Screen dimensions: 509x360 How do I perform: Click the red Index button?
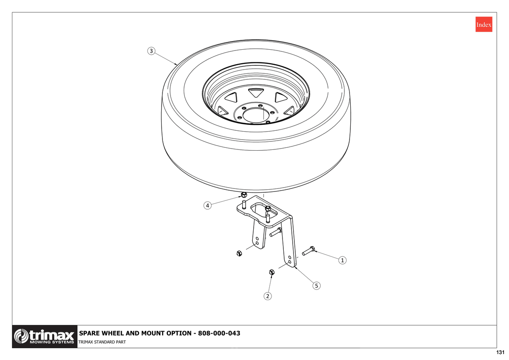(x=484, y=24)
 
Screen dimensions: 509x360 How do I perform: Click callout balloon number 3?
(x=151, y=51)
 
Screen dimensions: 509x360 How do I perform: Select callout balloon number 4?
(x=207, y=205)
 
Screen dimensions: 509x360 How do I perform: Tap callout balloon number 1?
(x=342, y=260)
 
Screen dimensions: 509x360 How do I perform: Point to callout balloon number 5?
(x=316, y=286)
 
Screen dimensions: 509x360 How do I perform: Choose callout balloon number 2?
(x=268, y=296)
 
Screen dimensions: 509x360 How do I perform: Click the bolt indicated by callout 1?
(x=308, y=250)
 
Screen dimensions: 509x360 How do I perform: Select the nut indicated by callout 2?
(x=271, y=272)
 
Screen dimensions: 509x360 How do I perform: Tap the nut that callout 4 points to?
(x=244, y=195)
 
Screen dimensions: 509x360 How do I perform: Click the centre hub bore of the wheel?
(x=254, y=115)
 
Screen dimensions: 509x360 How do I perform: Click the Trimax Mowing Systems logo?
(x=45, y=337)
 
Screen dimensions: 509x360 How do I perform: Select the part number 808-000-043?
(x=219, y=333)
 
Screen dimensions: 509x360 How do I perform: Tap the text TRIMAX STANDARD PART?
(x=102, y=342)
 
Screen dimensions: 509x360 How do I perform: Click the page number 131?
(x=500, y=352)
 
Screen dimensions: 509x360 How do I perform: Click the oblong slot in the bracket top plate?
(x=263, y=211)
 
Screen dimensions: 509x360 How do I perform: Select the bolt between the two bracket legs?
(x=276, y=232)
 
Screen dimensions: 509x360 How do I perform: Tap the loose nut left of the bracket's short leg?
(x=239, y=253)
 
